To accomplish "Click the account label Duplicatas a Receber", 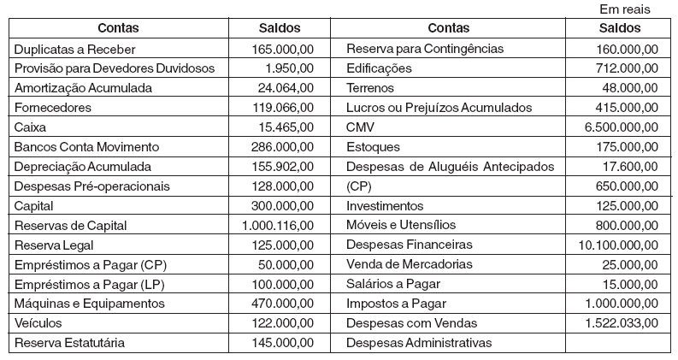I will pyautogui.click(x=74, y=50).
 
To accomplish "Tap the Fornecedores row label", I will pyautogui.click(x=52, y=108).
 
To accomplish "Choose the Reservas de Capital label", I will pyautogui.click(x=70, y=225).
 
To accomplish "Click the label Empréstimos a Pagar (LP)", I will pyautogui.click(x=88, y=284).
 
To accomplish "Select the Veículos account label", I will pyautogui.click(x=39, y=323).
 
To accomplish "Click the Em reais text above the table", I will pyautogui.click(x=626, y=9).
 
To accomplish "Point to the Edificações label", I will pyautogui.click(x=379, y=68).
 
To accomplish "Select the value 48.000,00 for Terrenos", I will pyautogui.click(x=629, y=88).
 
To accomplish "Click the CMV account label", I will pyautogui.click(x=360, y=127).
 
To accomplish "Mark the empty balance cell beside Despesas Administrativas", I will pyautogui.click(x=619, y=342).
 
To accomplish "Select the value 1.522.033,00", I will pyautogui.click(x=621, y=323).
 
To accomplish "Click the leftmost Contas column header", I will pyautogui.click(x=118, y=28).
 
